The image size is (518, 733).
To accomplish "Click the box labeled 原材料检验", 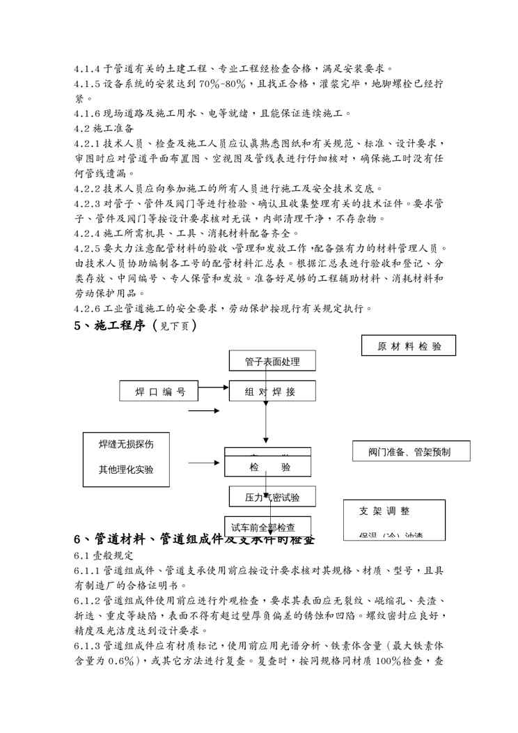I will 408,346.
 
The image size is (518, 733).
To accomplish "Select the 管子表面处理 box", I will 272,361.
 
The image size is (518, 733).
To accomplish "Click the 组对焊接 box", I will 272,392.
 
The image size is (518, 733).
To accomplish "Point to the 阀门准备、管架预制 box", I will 409,452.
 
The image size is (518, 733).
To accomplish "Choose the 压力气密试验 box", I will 271,497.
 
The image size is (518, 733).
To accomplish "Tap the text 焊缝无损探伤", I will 126,443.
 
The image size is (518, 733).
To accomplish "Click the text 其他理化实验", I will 126,469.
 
